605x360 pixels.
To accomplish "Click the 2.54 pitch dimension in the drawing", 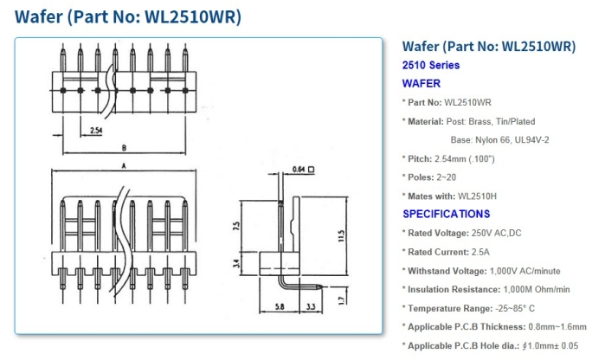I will [98, 131].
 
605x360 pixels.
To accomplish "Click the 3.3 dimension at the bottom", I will [311, 307].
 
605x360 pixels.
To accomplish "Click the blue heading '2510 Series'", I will [431, 65].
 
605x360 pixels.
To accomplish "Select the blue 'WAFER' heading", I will [422, 84].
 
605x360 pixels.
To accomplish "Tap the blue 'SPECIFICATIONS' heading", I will [446, 214].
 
